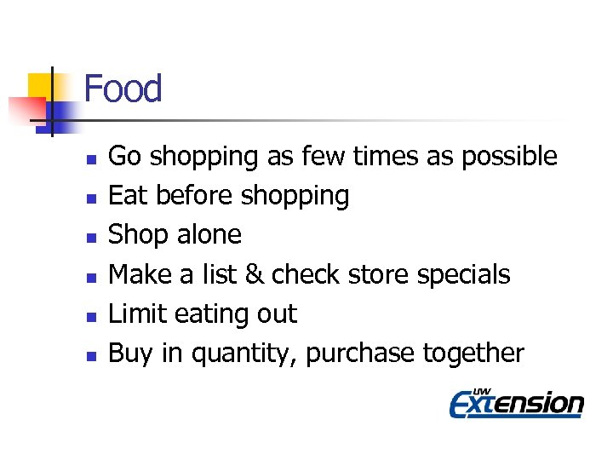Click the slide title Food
[x=123, y=89]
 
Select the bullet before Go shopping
[x=90, y=158]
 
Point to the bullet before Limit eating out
[x=90, y=316]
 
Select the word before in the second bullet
[x=194, y=196]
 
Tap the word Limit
[x=138, y=314]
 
